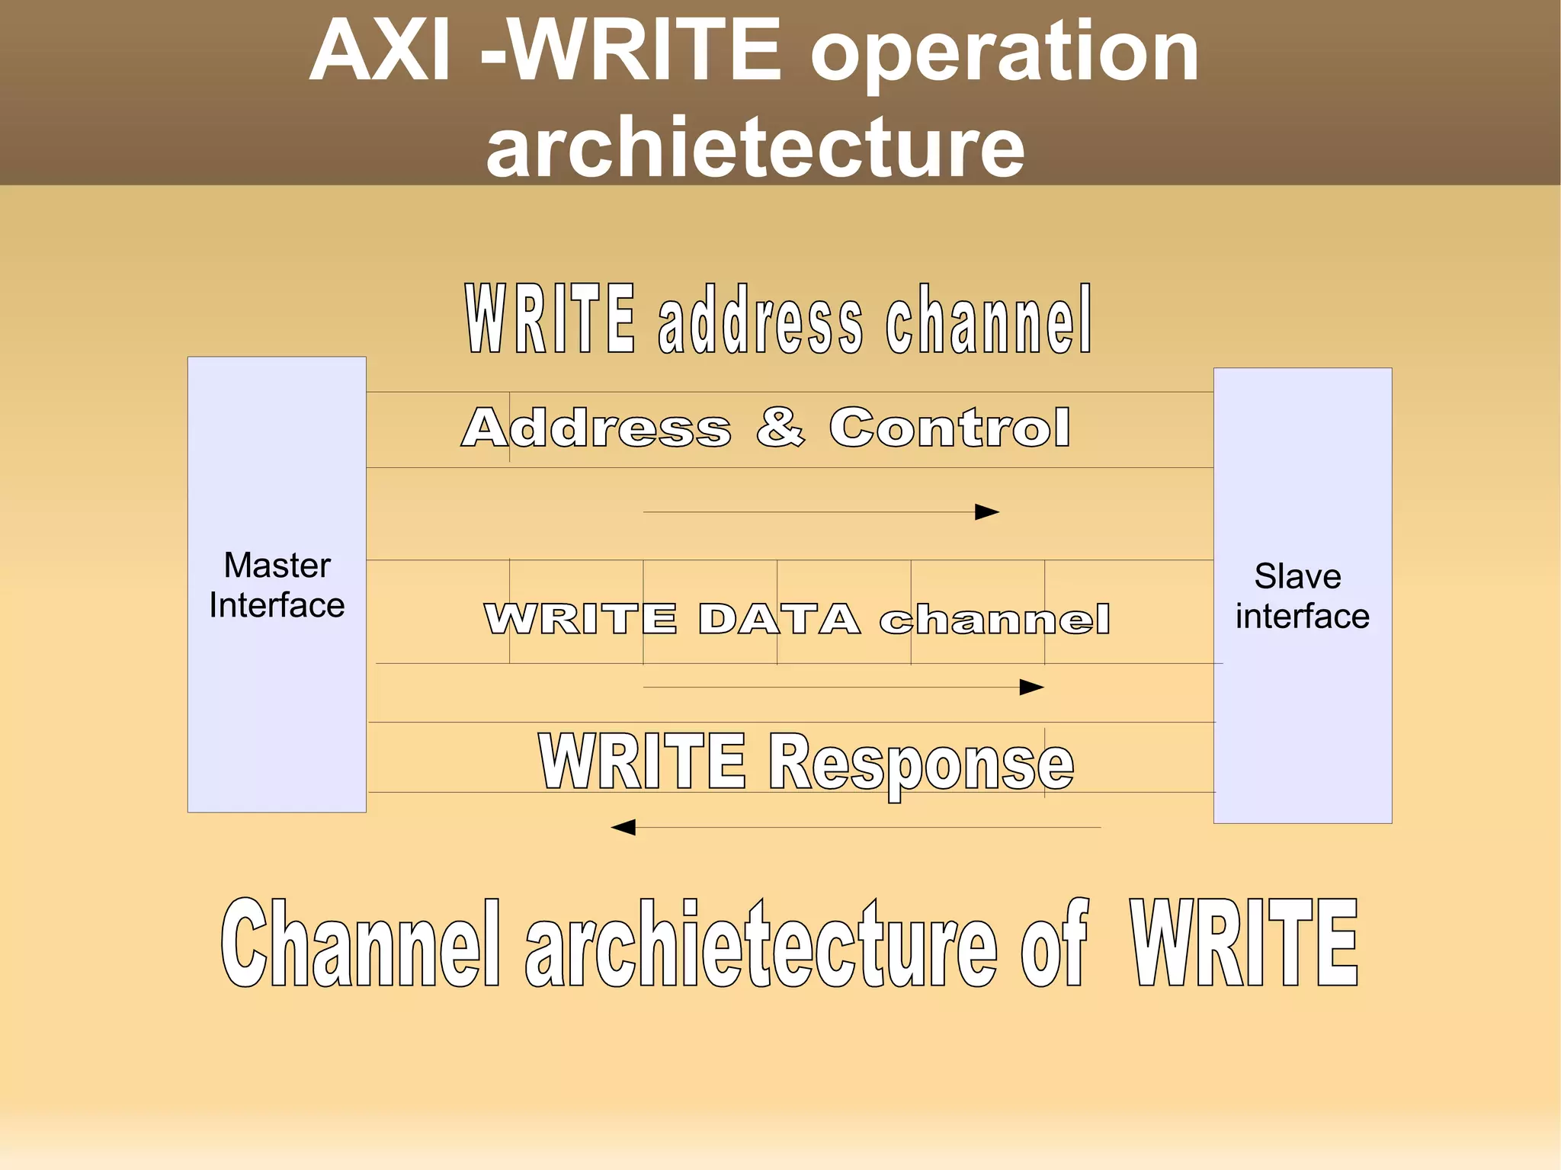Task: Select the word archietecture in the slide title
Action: (755, 146)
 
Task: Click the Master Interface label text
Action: (277, 585)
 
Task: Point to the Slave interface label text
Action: (1302, 596)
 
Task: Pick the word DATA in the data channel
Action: (779, 618)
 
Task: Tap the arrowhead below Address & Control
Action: (987, 512)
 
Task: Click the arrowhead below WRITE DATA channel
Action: (1031, 688)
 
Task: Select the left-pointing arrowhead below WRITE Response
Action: (623, 827)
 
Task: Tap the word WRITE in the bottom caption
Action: (1244, 944)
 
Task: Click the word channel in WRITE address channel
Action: (989, 320)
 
